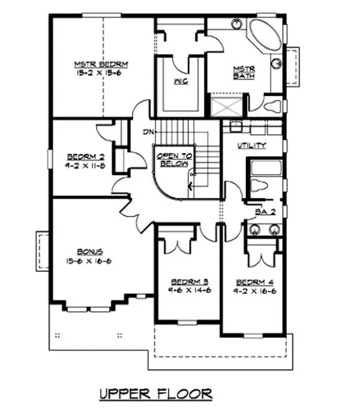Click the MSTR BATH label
coord(242,72)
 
